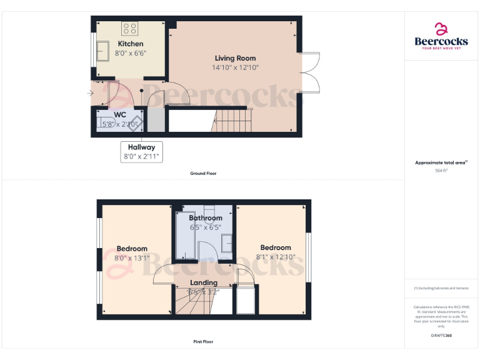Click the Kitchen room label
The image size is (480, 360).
coord(131,44)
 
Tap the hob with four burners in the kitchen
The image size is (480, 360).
coord(130,28)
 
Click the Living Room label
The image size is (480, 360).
coord(236,58)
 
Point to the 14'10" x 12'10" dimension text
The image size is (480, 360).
coord(236,67)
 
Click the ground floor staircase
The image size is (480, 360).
coord(232,120)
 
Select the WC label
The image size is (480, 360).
coord(120,116)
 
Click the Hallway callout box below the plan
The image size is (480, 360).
coord(141,152)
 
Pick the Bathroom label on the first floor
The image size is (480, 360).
coord(206,218)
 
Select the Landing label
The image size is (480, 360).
coord(204,283)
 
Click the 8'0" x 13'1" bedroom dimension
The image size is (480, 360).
coord(131,257)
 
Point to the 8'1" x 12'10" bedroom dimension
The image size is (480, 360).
coord(276,256)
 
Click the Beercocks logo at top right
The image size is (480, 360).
coord(441,36)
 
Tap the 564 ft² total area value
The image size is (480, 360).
coord(441,170)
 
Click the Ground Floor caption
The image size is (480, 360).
coord(203,173)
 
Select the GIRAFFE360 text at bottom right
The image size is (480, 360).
coord(441,336)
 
